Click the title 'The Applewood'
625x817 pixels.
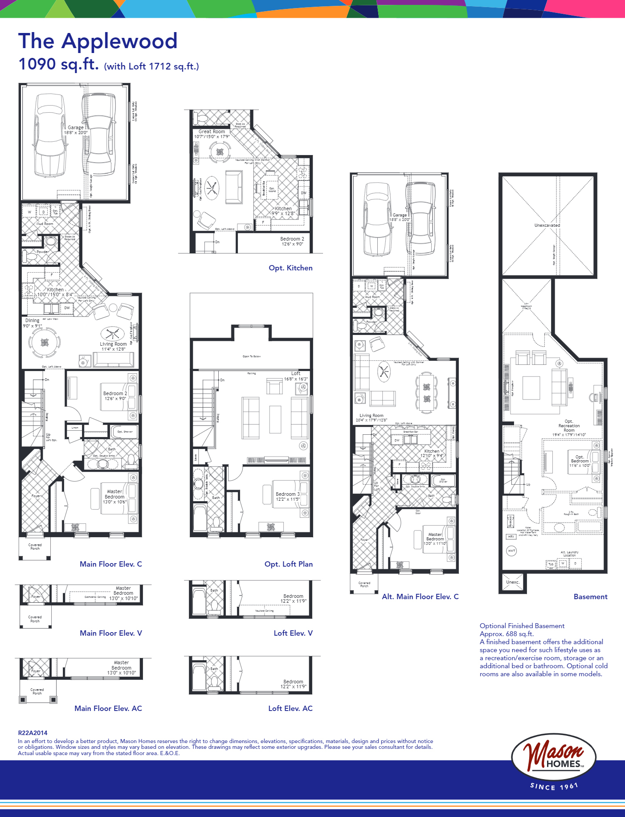(98, 41)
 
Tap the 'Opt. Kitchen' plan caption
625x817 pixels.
(290, 268)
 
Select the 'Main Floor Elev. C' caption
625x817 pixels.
(110, 564)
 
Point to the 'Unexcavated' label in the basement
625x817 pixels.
(547, 225)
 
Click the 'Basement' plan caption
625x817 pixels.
(590, 596)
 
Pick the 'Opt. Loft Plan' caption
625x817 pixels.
(288, 564)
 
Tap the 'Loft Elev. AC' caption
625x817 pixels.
(290, 708)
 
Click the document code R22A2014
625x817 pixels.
(33, 733)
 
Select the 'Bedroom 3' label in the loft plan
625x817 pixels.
(287, 494)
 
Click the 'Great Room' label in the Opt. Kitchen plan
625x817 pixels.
(212, 131)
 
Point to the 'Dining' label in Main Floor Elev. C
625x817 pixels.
(32, 320)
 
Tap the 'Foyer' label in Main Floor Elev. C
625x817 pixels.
(36, 496)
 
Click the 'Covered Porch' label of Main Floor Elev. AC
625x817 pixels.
(37, 691)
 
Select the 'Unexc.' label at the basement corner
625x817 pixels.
(513, 582)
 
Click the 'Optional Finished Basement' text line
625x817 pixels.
(522, 626)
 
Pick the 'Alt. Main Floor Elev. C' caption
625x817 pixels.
(420, 596)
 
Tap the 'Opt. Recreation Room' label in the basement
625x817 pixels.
(569, 425)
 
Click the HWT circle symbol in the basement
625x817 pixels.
(512, 551)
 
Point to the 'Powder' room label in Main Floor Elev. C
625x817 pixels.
(42, 252)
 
